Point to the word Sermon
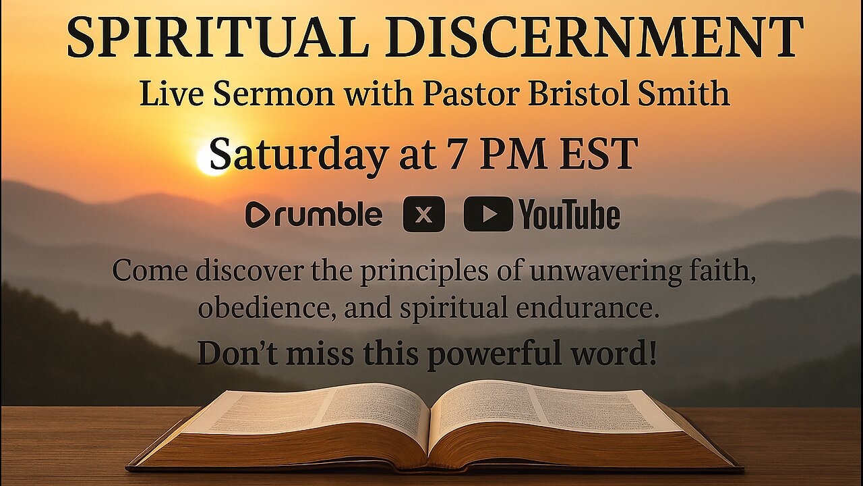[x=274, y=94]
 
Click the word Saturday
[x=297, y=155]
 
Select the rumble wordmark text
[x=328, y=215]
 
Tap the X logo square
[x=424, y=214]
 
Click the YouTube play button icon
[x=488, y=214]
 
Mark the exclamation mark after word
[x=652, y=352]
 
